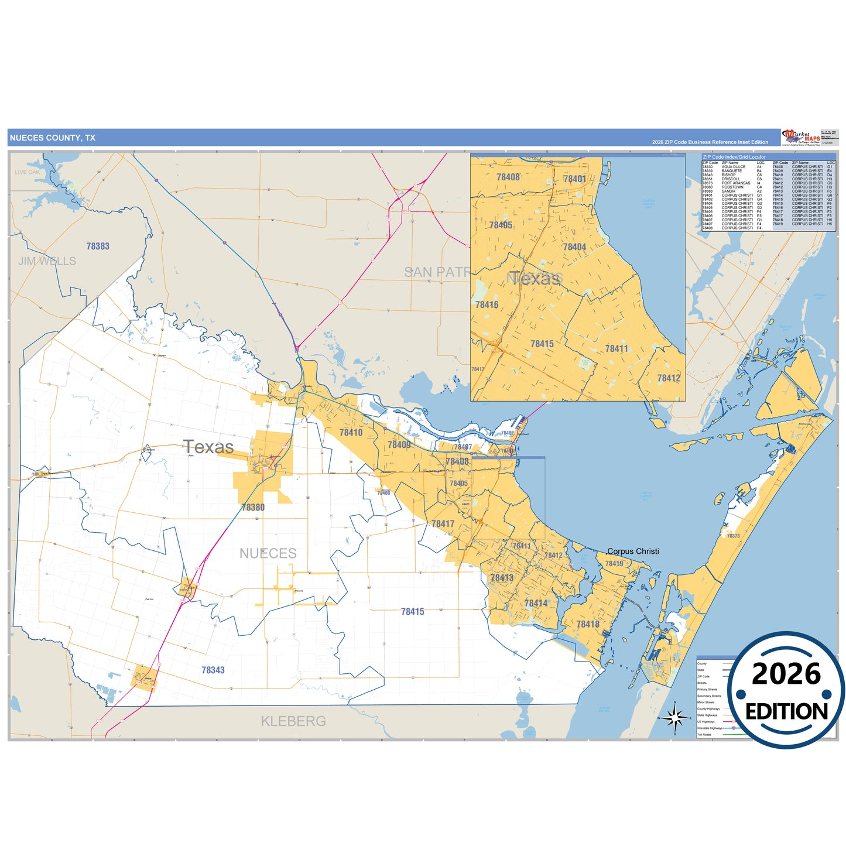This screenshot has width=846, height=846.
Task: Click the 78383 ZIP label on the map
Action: pos(98,246)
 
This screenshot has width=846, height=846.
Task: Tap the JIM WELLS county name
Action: pos(47,261)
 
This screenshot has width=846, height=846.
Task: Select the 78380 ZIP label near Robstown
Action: pos(253,508)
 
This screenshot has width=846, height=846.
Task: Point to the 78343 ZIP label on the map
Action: pos(213,670)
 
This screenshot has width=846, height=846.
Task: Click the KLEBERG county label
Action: pos(293,721)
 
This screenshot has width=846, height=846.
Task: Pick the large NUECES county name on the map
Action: pos(268,553)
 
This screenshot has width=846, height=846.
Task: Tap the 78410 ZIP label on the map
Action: pos(351,433)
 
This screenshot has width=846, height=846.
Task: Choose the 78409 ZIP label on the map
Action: pos(399,445)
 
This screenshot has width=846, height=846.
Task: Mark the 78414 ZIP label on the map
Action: pos(536,604)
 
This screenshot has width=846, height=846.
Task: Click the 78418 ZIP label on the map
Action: pos(588,625)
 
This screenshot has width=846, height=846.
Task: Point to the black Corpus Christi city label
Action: pos(633,552)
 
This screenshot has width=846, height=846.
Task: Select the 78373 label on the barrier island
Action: pos(733,536)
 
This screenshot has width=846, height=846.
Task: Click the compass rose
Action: pos(674,717)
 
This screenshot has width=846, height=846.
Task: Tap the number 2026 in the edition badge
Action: pos(786,674)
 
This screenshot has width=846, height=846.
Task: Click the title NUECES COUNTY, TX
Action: pos(52,138)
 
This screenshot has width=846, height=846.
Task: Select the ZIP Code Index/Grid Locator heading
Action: pos(734,157)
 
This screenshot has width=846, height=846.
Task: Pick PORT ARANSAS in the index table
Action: pos(735,183)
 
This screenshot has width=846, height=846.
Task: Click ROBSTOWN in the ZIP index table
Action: pos(732,187)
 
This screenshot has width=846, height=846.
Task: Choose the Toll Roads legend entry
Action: pos(704,734)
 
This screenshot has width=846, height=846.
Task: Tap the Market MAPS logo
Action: pos(801,137)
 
